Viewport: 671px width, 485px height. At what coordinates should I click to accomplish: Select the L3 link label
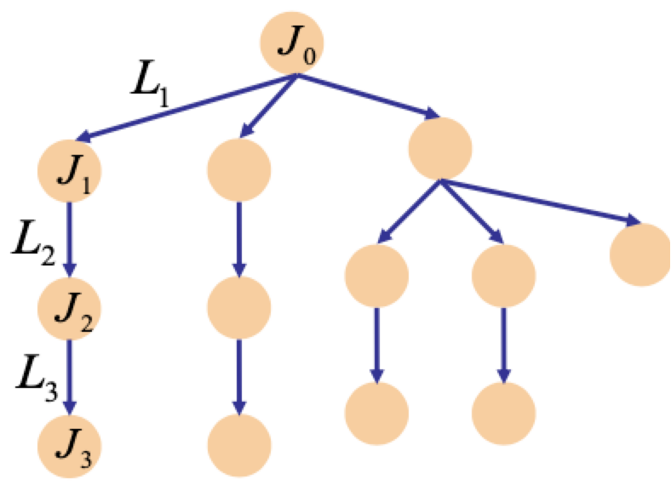[x=36, y=378]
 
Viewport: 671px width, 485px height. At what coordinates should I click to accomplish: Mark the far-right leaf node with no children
[x=639, y=254]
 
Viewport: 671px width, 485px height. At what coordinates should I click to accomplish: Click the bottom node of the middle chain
[x=238, y=445]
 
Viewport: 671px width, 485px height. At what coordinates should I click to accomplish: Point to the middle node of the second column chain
[x=238, y=307]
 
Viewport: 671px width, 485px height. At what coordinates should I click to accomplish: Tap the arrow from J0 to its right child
[x=366, y=96]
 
